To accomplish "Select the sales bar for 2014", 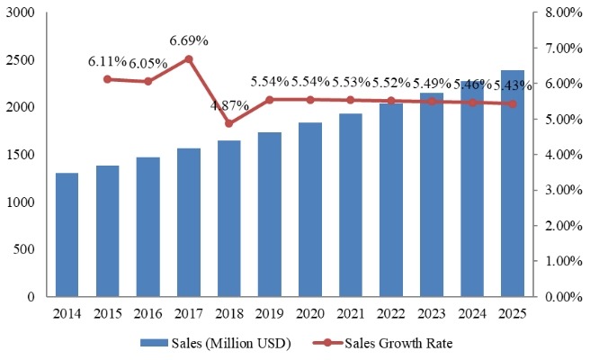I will (67, 235).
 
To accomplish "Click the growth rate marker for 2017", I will (189, 59).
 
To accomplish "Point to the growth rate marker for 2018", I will (228, 123).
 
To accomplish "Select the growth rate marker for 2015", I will (108, 79).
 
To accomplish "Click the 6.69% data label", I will (189, 40).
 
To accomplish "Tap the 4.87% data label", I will (228, 104).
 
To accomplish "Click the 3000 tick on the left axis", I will (22, 13).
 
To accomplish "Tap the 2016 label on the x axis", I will (147, 313).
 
